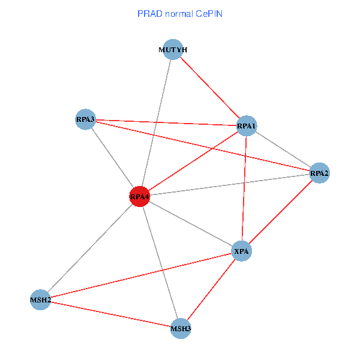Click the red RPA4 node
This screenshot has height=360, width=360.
pyautogui.click(x=139, y=196)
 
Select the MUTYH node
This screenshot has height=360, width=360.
pyautogui.click(x=173, y=50)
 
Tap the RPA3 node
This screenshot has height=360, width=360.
pyautogui.click(x=85, y=119)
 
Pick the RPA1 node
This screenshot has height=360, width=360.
pyautogui.click(x=247, y=126)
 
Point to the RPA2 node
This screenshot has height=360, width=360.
pyautogui.click(x=319, y=173)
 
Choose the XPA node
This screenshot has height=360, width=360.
pyautogui.click(x=241, y=251)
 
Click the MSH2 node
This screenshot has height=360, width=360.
pyautogui.click(x=40, y=299)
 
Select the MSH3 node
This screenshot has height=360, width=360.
pyautogui.click(x=181, y=328)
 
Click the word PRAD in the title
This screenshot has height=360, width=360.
pyautogui.click(x=148, y=13)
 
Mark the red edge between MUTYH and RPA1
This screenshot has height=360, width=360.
pyautogui.click(x=210, y=88)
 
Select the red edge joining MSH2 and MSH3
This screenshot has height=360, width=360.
pyautogui.click(x=110, y=313)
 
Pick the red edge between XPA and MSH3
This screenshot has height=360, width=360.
pyautogui.click(x=211, y=289)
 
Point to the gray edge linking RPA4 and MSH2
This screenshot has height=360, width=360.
pyautogui.click(x=90, y=247)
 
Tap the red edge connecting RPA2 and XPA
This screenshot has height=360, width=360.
pyautogui.click(x=280, y=212)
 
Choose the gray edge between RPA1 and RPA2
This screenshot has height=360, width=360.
pyautogui.click(x=283, y=150)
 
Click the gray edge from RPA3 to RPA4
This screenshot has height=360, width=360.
pyautogui.click(x=112, y=158)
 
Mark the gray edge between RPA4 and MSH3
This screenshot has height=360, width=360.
pyautogui.click(x=160, y=262)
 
